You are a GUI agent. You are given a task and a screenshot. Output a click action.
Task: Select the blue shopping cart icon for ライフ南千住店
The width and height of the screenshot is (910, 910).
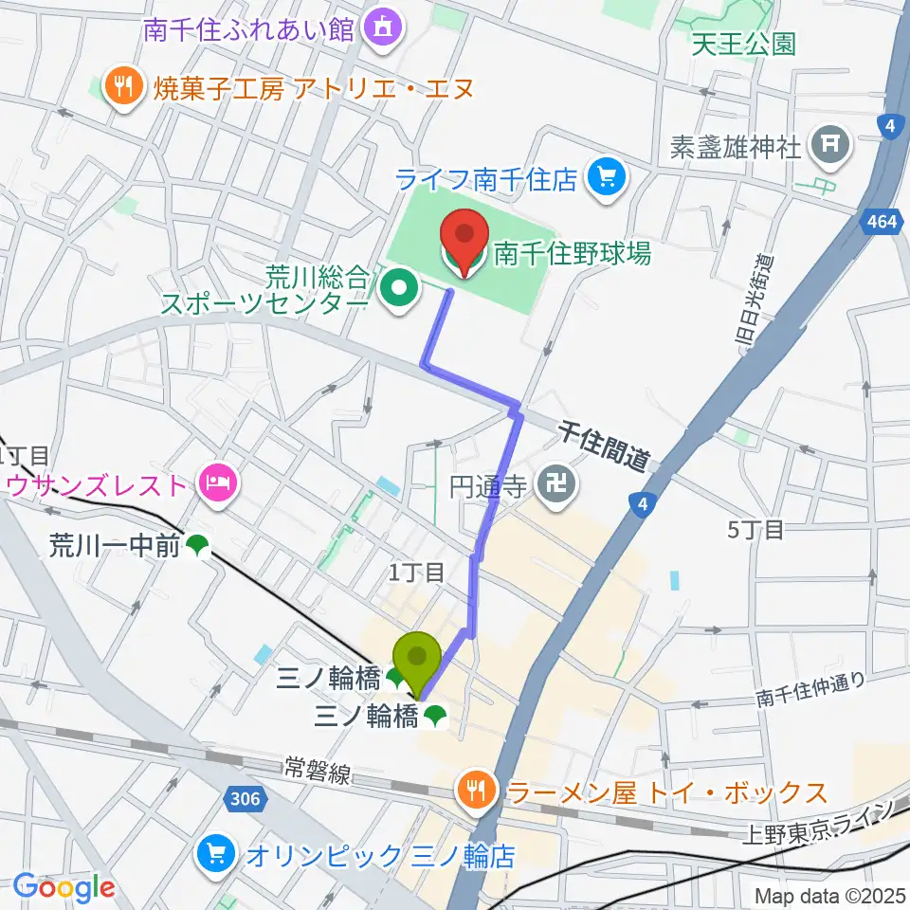pyautogui.click(x=602, y=176)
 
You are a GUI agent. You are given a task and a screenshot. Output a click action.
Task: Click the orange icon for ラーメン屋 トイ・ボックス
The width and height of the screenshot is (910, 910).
pyautogui.click(x=472, y=790)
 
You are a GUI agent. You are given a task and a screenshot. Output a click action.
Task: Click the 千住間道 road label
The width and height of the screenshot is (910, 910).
pyautogui.click(x=605, y=447)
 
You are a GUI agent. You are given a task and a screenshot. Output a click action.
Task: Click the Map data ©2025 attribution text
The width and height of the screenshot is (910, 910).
pyautogui.click(x=829, y=894)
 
